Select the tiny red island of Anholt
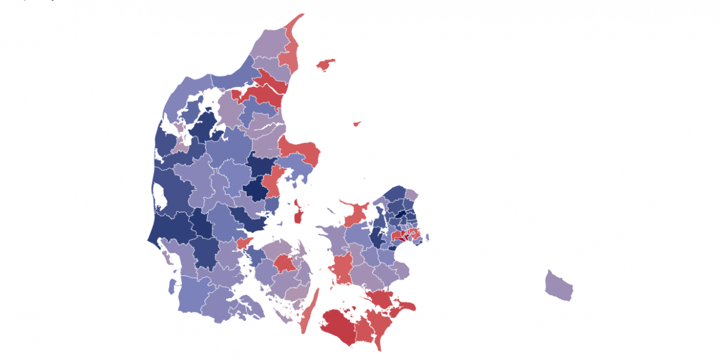pyautogui.click(x=357, y=124)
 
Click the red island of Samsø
pyautogui.click(x=298, y=214)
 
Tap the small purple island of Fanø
pyautogui.click(x=167, y=260)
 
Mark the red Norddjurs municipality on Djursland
pyautogui.click(x=300, y=149)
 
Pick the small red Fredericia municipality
pyautogui.click(x=243, y=243)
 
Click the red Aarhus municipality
pyautogui.click(x=273, y=183)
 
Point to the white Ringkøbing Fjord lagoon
pyautogui.click(x=160, y=194)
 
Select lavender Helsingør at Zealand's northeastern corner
pyautogui.click(x=412, y=194)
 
